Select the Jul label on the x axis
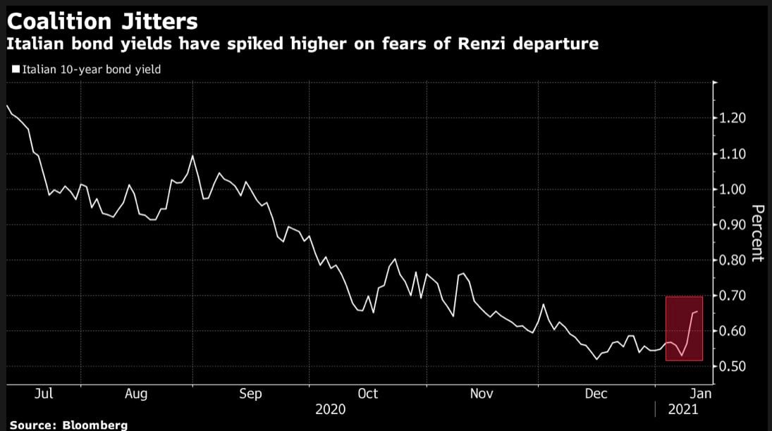click(x=43, y=394)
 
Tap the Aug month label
click(x=136, y=394)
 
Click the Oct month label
click(x=367, y=394)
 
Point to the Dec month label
click(x=596, y=394)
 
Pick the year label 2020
click(x=330, y=409)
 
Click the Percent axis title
click(x=758, y=233)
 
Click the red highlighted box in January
click(x=683, y=329)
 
